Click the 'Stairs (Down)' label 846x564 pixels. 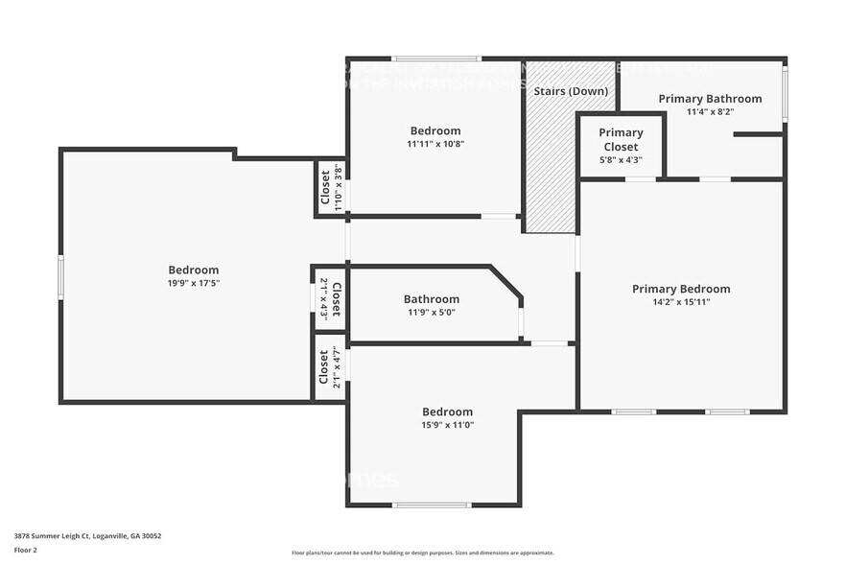[572, 91]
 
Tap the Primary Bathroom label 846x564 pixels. [710, 99]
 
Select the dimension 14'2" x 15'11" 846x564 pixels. [681, 302]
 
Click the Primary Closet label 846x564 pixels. [621, 140]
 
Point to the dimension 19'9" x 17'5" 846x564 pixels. [194, 283]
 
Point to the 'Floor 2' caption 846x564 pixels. [26, 551]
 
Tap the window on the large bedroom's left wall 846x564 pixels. [60, 277]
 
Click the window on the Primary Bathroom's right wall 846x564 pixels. [785, 94]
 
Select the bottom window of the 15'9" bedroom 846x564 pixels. [433, 505]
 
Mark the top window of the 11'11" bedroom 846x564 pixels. [435, 59]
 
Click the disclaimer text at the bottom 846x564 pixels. [422, 552]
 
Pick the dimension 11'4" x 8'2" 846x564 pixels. [710, 112]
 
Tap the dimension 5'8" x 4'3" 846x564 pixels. [621, 160]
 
